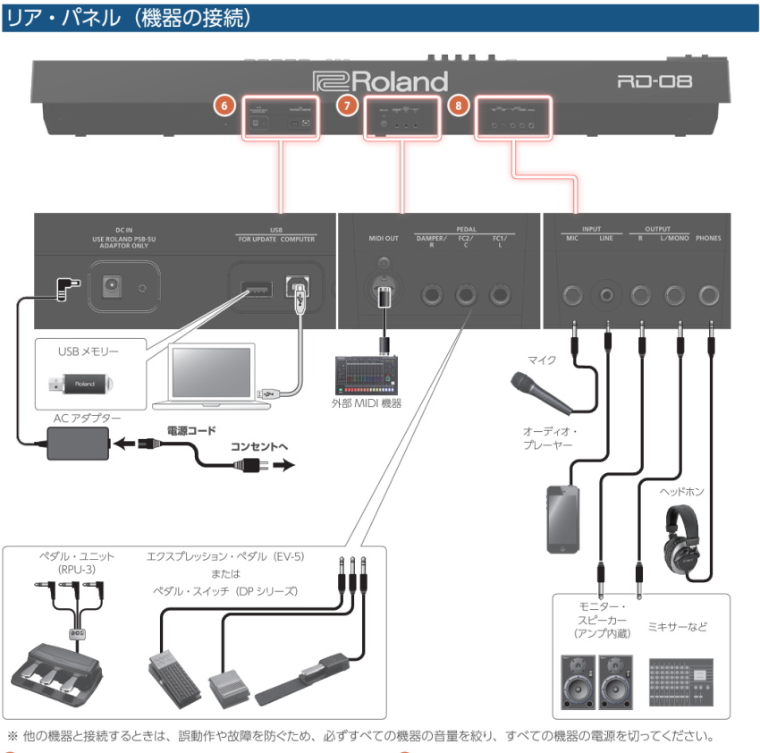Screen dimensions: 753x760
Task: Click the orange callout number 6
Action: click(x=226, y=105)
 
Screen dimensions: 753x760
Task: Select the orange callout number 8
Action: click(x=459, y=105)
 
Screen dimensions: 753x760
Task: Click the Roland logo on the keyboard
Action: click(x=380, y=81)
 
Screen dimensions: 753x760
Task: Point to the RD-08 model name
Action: click(x=655, y=82)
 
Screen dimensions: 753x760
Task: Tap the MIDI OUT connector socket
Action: click(x=384, y=292)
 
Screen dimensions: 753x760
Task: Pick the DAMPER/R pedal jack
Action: click(x=431, y=292)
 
